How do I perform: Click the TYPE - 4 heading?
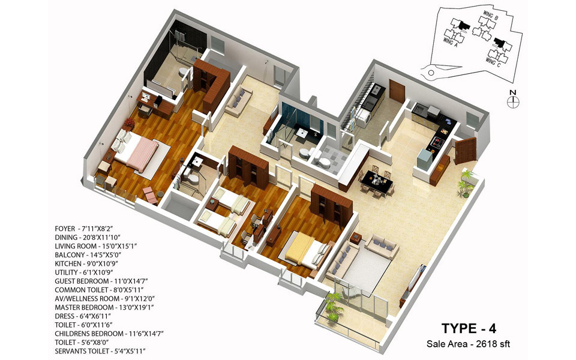470,328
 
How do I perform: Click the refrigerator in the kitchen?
425,160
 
